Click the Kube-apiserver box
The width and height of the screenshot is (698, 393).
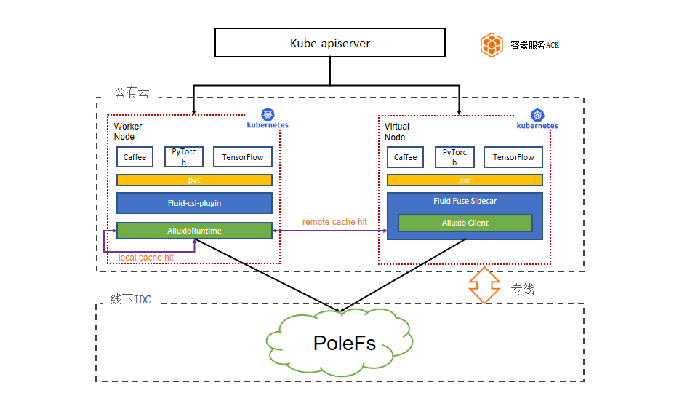click(x=329, y=43)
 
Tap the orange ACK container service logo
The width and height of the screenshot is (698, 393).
click(x=492, y=44)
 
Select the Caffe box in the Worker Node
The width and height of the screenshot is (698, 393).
click(x=135, y=157)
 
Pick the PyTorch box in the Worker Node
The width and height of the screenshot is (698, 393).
click(x=184, y=157)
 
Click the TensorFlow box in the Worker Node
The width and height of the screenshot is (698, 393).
click(x=243, y=157)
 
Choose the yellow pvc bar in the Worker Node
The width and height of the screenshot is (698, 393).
click(x=194, y=180)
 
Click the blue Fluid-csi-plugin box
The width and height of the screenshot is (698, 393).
click(x=194, y=203)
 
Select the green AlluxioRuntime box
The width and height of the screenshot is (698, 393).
click(x=194, y=231)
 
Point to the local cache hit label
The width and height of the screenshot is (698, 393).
click(x=146, y=258)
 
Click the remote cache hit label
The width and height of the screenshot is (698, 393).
click(x=334, y=222)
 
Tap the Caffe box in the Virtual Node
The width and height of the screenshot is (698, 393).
click(x=405, y=157)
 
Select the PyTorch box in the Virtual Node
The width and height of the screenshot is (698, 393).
click(x=454, y=157)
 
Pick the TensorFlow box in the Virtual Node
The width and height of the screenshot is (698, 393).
click(x=513, y=157)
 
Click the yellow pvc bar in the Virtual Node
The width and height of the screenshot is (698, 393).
click(x=465, y=180)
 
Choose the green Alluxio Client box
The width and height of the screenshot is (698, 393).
click(x=465, y=223)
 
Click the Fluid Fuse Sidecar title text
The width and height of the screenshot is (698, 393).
click(x=465, y=201)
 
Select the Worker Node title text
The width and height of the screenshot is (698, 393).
click(x=128, y=132)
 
